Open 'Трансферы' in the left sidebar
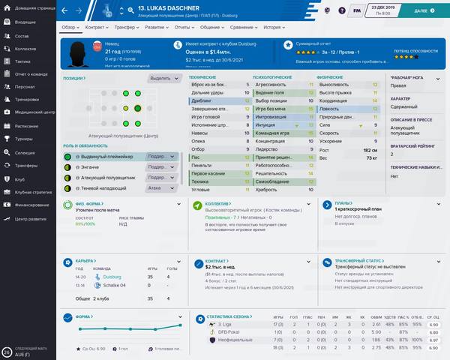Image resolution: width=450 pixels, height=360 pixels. (26, 165)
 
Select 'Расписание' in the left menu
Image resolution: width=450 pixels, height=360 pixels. (27, 126)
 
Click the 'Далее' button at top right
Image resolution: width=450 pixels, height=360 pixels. (424, 11)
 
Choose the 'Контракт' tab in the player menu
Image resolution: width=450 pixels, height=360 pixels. (95, 25)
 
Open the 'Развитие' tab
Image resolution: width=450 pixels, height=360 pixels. (155, 25)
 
